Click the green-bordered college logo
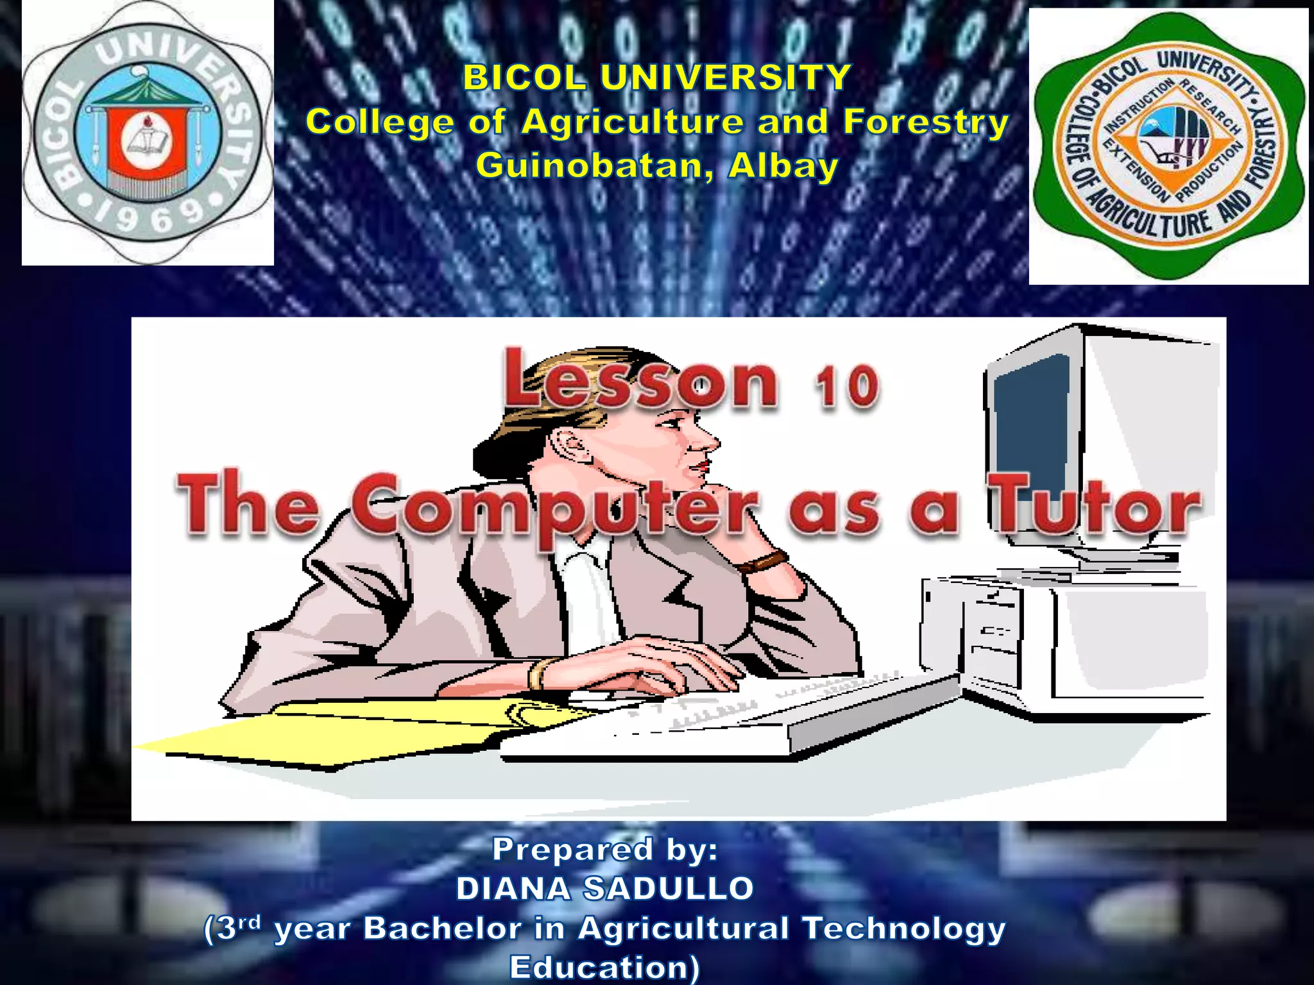[x=1169, y=146]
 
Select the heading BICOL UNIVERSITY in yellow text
[x=657, y=78]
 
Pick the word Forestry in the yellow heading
[x=925, y=122]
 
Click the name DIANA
[x=513, y=889]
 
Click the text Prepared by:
[x=605, y=850]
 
